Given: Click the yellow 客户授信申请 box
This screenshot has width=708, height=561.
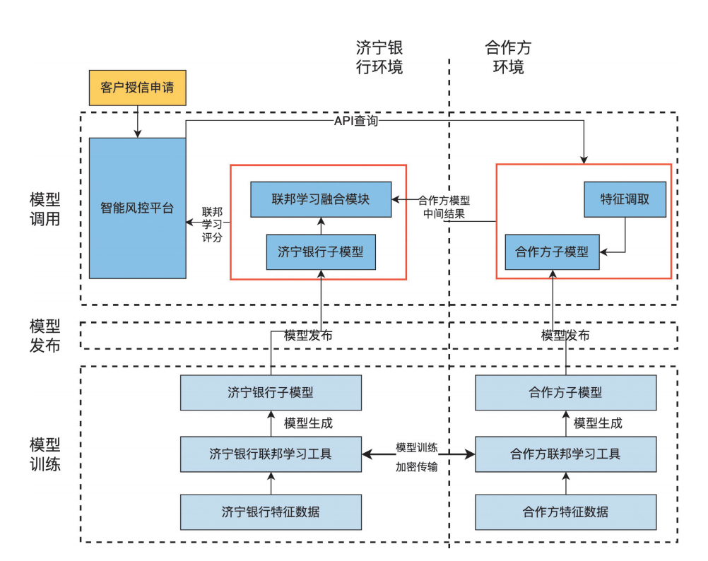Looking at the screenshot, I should point(137,88).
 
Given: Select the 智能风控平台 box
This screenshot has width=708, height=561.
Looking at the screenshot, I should point(137,208).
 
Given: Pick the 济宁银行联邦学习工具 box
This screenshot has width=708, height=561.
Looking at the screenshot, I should point(271,454).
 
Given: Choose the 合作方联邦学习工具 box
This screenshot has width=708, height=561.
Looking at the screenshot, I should point(565,454).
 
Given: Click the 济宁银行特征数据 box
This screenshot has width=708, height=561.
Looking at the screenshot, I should point(271,512).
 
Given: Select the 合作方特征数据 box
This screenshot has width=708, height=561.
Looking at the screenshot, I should point(565,512).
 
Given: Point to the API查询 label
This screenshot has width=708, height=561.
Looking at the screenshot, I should point(355,121).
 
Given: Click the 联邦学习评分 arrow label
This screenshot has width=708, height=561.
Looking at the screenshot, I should point(212,225).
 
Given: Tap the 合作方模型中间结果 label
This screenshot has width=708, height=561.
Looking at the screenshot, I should point(444,207).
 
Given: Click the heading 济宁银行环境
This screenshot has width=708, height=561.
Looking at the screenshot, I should point(379,58).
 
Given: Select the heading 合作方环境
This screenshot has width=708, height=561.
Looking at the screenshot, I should point(508,58).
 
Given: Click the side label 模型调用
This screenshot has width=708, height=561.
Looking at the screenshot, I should point(45,208).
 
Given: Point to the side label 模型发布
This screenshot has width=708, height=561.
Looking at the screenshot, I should point(45,336).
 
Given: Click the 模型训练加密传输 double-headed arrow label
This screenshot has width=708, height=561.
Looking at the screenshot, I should point(417,457).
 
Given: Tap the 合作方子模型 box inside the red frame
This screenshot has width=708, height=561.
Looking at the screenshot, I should point(552,252).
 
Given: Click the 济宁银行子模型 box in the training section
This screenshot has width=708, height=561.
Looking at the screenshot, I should point(271,393).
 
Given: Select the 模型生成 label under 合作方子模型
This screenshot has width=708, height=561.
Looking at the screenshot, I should point(598,423).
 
